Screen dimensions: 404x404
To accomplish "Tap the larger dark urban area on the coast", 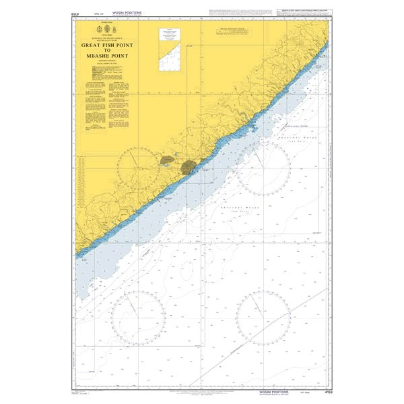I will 189,166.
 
